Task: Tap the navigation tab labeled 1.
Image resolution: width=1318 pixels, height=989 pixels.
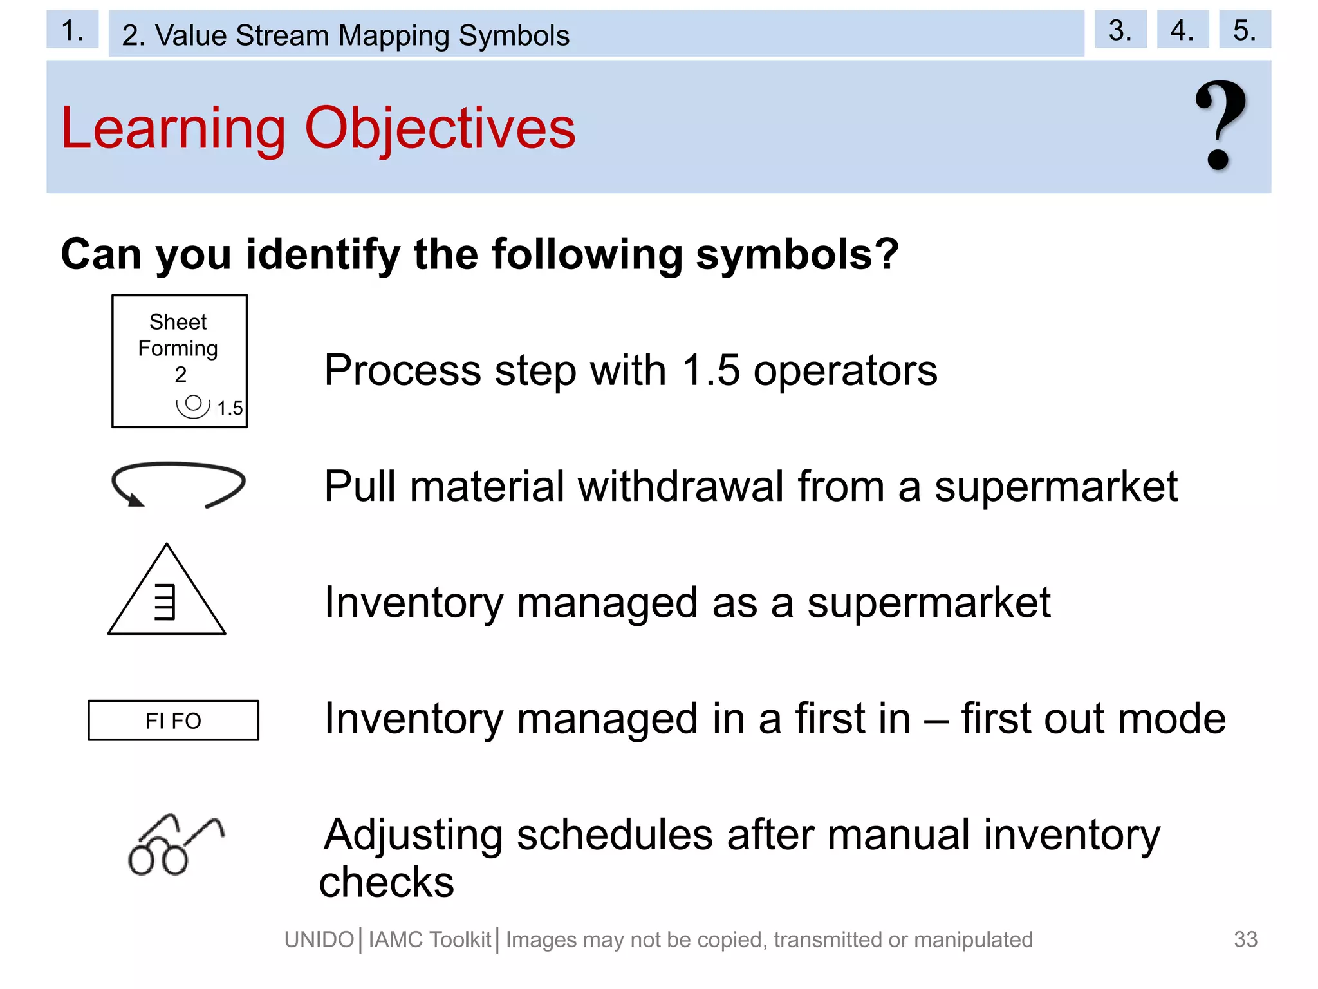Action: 72,30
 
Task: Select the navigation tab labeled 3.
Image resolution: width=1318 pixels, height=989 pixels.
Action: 1120,30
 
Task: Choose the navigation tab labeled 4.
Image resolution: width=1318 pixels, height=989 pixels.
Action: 1182,30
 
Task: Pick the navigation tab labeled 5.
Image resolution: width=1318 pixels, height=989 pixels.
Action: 1244,30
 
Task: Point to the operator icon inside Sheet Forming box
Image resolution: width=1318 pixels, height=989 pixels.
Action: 193,406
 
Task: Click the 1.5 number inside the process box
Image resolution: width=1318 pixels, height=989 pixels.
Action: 230,408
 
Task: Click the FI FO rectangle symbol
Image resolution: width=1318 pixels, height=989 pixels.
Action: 173,721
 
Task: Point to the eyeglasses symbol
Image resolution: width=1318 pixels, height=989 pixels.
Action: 174,845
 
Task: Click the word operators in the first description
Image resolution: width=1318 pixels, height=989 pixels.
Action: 845,371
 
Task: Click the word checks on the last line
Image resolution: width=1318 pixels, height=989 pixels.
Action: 387,882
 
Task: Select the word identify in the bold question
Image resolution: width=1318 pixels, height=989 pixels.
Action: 323,254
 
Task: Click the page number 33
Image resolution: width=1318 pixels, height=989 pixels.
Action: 1245,939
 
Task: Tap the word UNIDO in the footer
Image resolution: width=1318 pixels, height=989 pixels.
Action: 319,940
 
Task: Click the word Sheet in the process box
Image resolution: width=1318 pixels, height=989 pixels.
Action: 178,321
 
